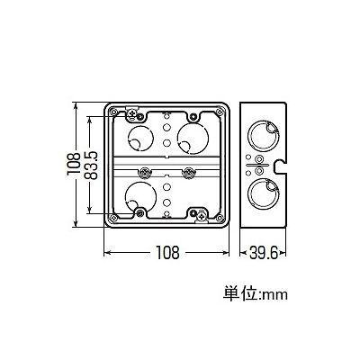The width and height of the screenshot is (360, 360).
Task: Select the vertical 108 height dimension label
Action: pos(74,164)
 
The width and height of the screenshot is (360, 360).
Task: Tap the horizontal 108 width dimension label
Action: pos(167,253)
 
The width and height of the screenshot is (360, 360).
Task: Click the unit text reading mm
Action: pos(275,295)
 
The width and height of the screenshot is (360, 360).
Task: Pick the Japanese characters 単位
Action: pos(239,293)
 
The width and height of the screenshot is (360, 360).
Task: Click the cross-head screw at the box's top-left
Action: pos(131,114)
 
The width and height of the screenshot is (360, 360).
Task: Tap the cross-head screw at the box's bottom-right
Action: pos(202,215)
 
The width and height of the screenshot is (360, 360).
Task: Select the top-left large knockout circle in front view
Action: pos(140,139)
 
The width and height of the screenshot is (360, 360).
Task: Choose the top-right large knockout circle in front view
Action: pos(193,139)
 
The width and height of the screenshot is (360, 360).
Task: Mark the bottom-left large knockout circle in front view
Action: pos(140,196)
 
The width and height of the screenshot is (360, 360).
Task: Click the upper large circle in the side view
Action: pos(264,137)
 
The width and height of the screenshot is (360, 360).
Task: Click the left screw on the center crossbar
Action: pos(144,172)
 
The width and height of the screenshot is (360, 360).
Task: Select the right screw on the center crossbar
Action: pos(189,172)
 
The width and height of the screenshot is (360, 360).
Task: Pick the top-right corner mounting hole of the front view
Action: pos(220,112)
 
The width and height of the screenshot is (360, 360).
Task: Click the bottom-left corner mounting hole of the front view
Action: pos(113,218)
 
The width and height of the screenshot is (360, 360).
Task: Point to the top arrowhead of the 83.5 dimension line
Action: pos(89,120)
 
